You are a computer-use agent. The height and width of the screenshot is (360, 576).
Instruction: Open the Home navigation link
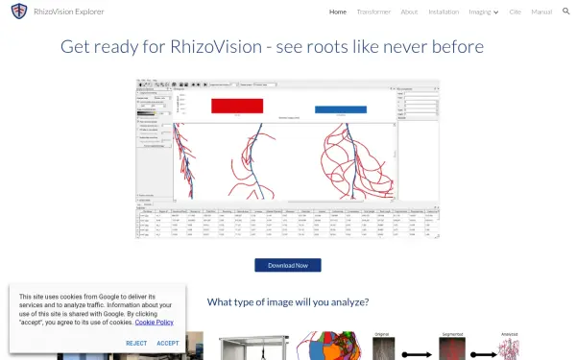coord(338,12)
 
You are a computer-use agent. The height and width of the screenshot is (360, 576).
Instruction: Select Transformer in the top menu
coord(373,12)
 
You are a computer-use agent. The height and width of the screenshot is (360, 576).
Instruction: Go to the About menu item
coord(409,12)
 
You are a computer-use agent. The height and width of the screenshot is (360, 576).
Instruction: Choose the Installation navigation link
coord(444,12)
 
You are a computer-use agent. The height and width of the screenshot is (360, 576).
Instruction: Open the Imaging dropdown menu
coord(484,12)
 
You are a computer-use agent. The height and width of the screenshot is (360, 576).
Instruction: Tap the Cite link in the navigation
coord(515,12)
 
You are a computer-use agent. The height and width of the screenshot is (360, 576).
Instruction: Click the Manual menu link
coord(541,12)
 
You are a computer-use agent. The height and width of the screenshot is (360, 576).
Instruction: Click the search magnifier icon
coord(565,12)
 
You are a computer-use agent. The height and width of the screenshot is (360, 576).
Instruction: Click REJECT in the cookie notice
coord(136,343)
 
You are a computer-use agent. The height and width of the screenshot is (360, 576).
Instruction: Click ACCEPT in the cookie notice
coord(168,343)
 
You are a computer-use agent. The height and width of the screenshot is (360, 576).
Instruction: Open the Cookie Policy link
coord(154,323)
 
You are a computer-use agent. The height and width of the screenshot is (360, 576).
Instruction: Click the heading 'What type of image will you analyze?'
coord(288,301)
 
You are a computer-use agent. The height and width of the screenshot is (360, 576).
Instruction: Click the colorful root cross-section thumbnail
coord(326,348)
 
